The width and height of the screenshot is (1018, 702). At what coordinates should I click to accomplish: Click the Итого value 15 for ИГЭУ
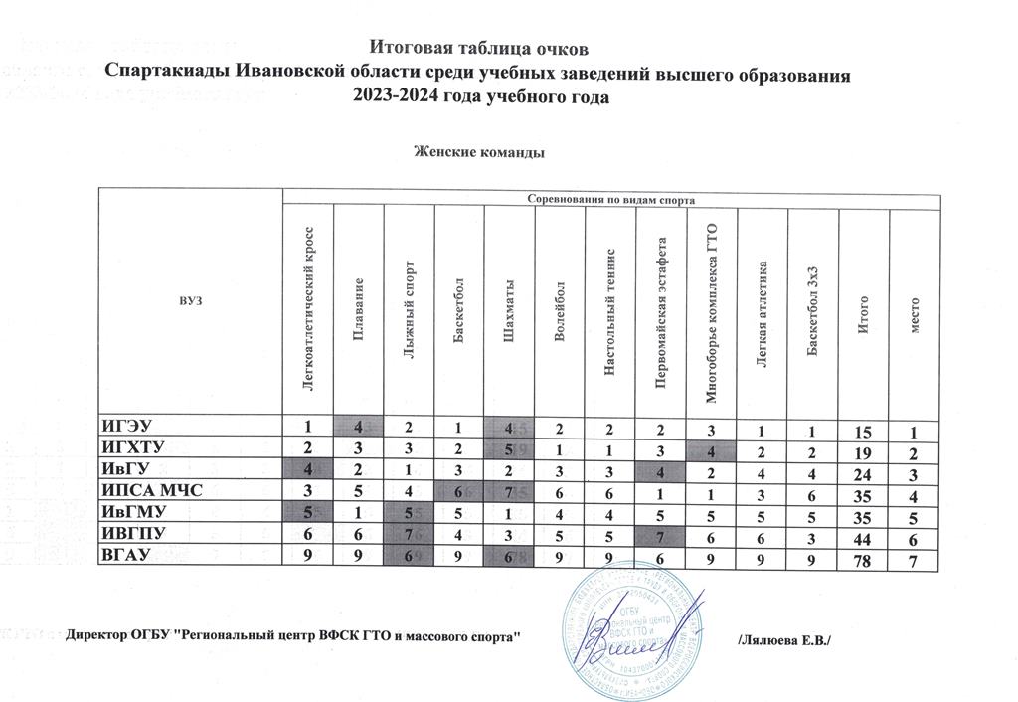click(866, 430)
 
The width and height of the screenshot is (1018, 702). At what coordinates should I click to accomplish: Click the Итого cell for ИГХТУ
click(866, 450)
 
